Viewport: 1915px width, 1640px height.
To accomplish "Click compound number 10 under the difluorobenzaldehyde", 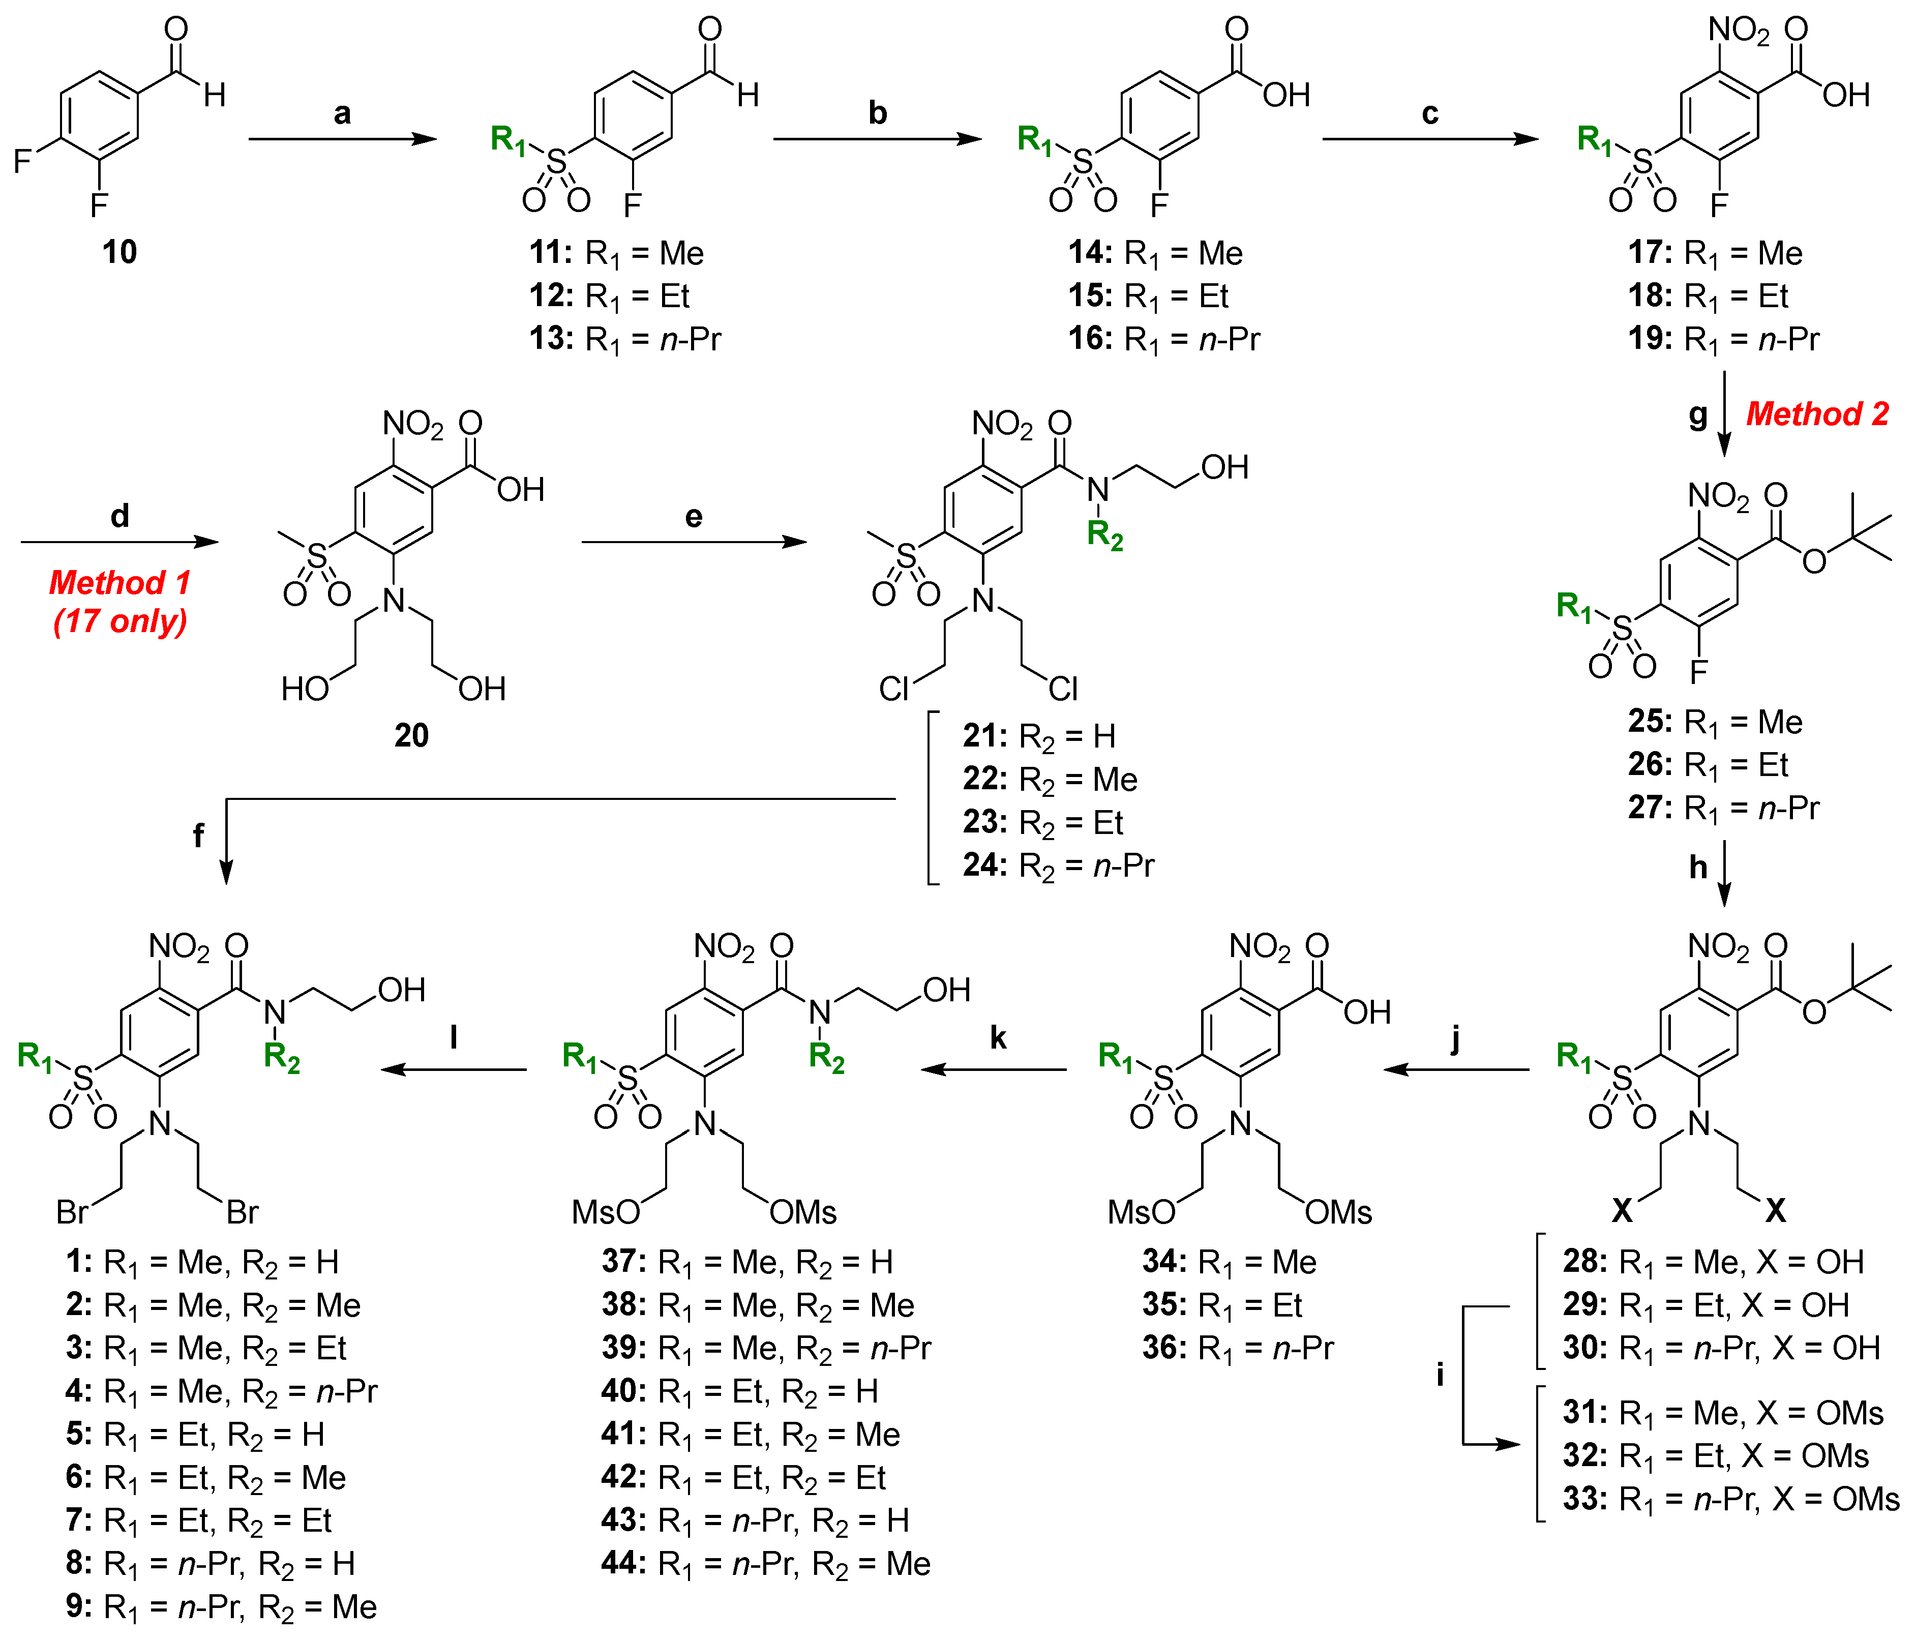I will [x=119, y=251].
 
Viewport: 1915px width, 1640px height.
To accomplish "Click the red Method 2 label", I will [x=1816, y=413].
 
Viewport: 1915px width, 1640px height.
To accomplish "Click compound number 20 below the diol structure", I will [x=411, y=735].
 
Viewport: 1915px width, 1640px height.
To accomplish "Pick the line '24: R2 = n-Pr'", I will [x=1058, y=866].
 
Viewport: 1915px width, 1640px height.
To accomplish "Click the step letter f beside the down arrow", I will [x=198, y=836].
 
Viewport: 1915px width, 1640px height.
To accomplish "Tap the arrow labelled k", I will [x=994, y=1069].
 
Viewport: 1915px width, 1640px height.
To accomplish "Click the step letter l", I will [x=454, y=1038].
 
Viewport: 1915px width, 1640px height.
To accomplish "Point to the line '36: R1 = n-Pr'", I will [x=1238, y=1348].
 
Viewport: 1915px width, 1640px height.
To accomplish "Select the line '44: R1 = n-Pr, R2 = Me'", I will [x=765, y=1563].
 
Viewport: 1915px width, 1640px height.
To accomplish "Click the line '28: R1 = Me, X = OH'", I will [x=1713, y=1262].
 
